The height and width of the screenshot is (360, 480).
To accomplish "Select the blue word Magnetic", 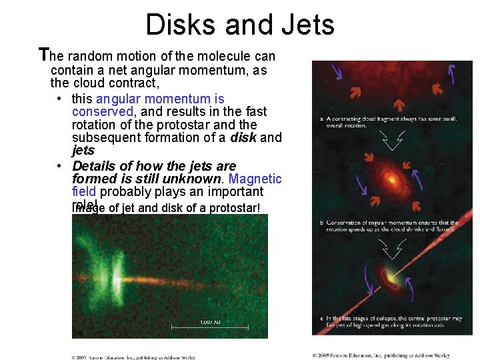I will [x=255, y=179].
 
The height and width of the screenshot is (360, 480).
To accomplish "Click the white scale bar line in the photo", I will [x=209, y=327].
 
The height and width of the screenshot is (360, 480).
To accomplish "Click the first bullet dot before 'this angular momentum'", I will [x=60, y=99].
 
